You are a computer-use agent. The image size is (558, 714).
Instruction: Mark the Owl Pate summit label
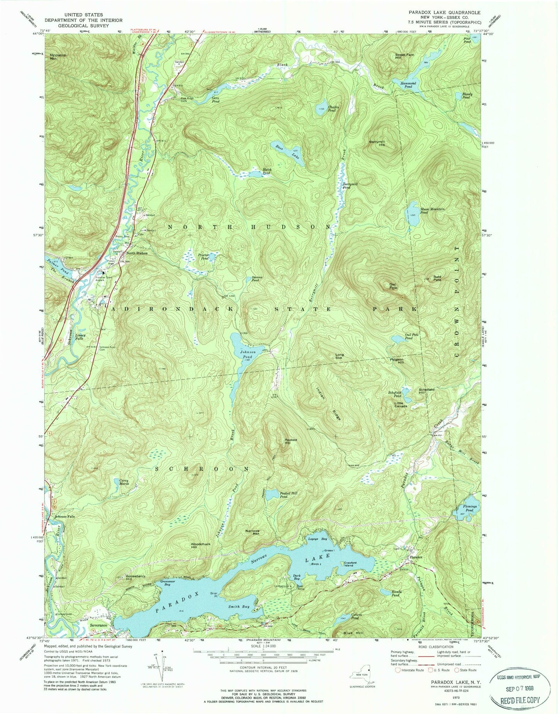[393, 286]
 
